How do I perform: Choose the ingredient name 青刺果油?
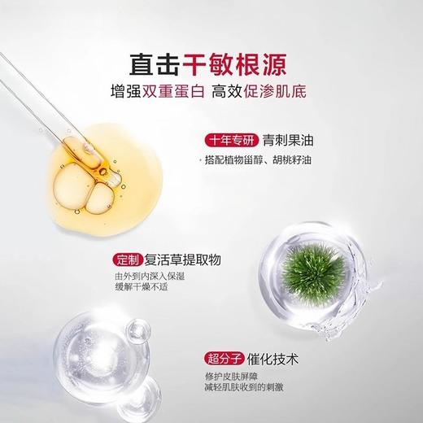click(x=290, y=138)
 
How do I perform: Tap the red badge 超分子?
click(x=221, y=357)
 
